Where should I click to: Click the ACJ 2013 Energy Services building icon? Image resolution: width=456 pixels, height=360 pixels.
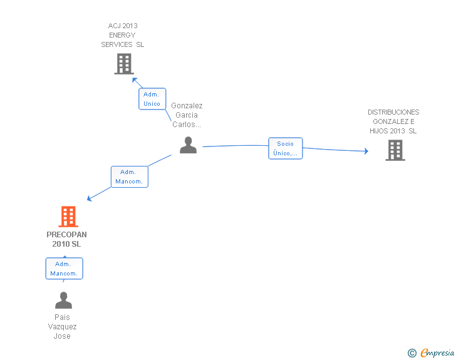(124, 64)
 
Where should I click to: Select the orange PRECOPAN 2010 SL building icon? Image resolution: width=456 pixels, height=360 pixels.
(68, 217)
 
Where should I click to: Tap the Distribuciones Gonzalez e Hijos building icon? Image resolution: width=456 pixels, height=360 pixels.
(395, 150)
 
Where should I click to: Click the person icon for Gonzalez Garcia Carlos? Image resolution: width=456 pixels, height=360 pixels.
(188, 145)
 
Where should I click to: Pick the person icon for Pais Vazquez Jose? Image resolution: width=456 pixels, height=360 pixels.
(63, 300)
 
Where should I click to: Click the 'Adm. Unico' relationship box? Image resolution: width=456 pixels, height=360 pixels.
(152, 99)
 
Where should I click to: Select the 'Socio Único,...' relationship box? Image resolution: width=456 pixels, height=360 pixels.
(285, 148)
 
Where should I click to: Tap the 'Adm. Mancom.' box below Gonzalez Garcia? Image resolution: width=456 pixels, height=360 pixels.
(130, 177)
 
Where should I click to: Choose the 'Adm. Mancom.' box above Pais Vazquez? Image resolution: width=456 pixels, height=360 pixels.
(65, 269)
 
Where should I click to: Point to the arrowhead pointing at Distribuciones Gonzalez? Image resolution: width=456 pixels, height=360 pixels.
(366, 151)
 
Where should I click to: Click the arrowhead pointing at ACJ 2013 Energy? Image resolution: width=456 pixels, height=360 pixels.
(134, 80)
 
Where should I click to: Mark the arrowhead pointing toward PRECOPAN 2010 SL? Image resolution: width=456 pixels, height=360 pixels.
(90, 198)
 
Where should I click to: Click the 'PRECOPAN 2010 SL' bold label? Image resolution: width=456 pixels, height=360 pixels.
(66, 239)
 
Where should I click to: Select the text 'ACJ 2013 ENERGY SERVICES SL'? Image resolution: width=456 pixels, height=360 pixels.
(122, 35)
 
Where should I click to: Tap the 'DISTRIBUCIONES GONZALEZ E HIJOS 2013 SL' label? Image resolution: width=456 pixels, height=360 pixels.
(393, 121)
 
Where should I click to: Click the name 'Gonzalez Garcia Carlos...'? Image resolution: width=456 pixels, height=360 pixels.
(187, 115)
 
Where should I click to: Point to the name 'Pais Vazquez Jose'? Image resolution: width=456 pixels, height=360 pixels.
(62, 327)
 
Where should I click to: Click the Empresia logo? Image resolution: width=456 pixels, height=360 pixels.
(437, 352)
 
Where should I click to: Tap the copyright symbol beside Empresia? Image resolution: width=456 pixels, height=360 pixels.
(412, 353)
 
